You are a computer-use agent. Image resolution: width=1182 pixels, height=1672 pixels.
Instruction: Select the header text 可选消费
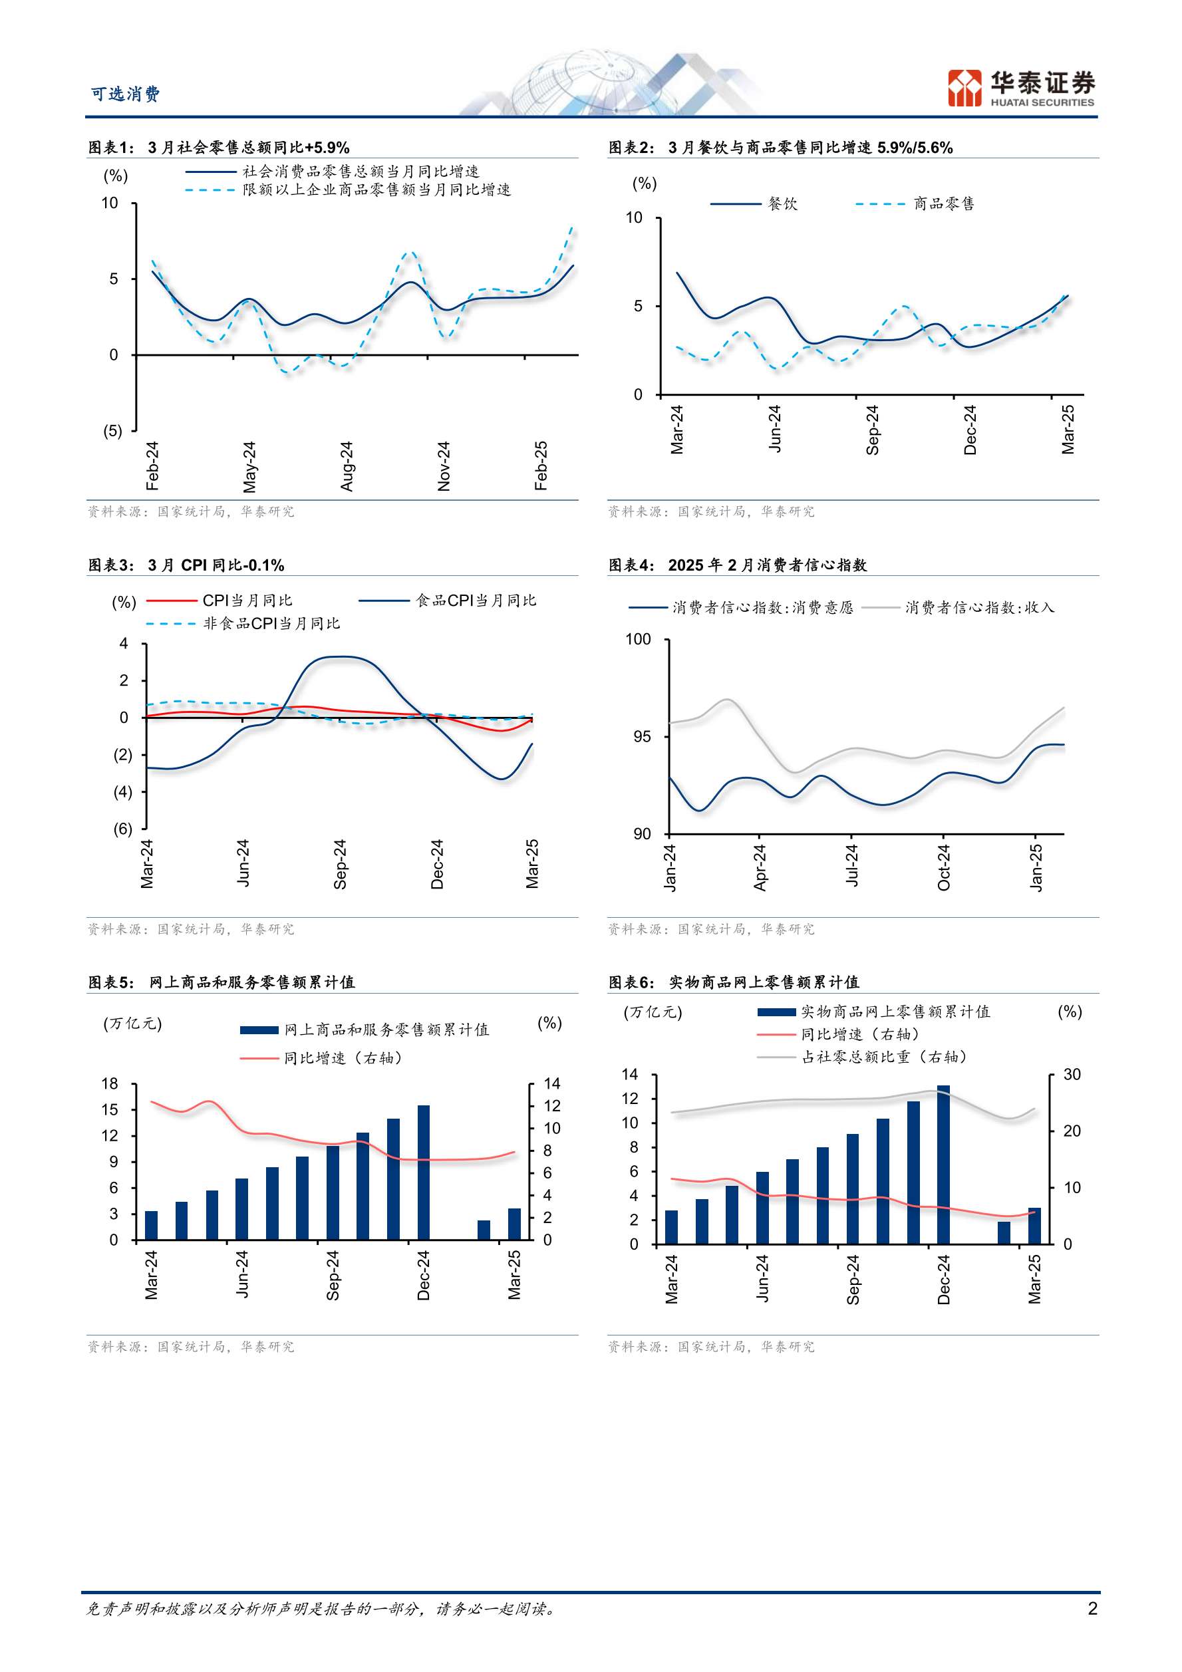(x=125, y=94)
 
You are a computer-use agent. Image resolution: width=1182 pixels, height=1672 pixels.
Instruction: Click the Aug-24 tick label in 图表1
(x=347, y=466)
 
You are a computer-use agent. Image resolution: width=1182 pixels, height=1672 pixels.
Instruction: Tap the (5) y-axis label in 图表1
(x=113, y=430)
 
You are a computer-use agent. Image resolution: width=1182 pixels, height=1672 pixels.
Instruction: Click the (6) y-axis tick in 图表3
(x=123, y=828)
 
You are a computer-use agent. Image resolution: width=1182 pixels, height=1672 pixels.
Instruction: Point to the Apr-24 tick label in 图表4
(x=760, y=867)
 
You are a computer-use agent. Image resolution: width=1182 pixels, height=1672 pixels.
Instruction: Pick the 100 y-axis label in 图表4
(x=638, y=639)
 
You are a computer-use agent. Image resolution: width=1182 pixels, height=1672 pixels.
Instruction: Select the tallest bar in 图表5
(x=423, y=1172)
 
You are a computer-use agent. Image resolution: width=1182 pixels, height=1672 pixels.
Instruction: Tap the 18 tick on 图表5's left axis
(x=110, y=1083)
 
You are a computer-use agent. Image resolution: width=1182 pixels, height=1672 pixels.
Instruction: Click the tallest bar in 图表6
(x=943, y=1164)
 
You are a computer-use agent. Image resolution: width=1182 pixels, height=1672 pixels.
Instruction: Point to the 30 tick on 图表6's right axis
(x=1072, y=1075)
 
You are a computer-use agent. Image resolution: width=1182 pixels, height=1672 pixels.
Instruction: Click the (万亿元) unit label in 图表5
(x=132, y=1023)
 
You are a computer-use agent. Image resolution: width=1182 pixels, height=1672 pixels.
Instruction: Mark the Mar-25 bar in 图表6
(x=1034, y=1225)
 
